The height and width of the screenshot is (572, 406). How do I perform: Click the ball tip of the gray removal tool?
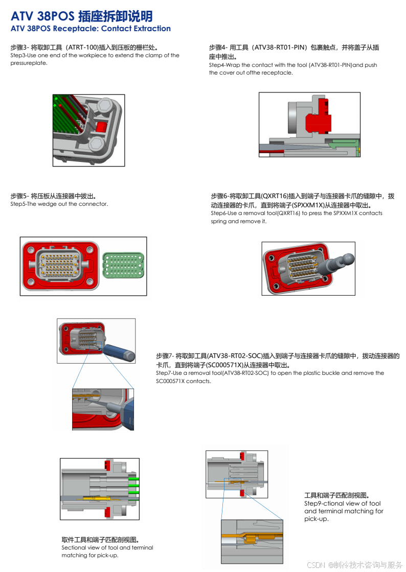[347, 258]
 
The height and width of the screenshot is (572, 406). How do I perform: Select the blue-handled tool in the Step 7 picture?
[118, 351]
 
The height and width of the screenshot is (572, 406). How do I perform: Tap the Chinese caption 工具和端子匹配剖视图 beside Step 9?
[336, 495]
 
